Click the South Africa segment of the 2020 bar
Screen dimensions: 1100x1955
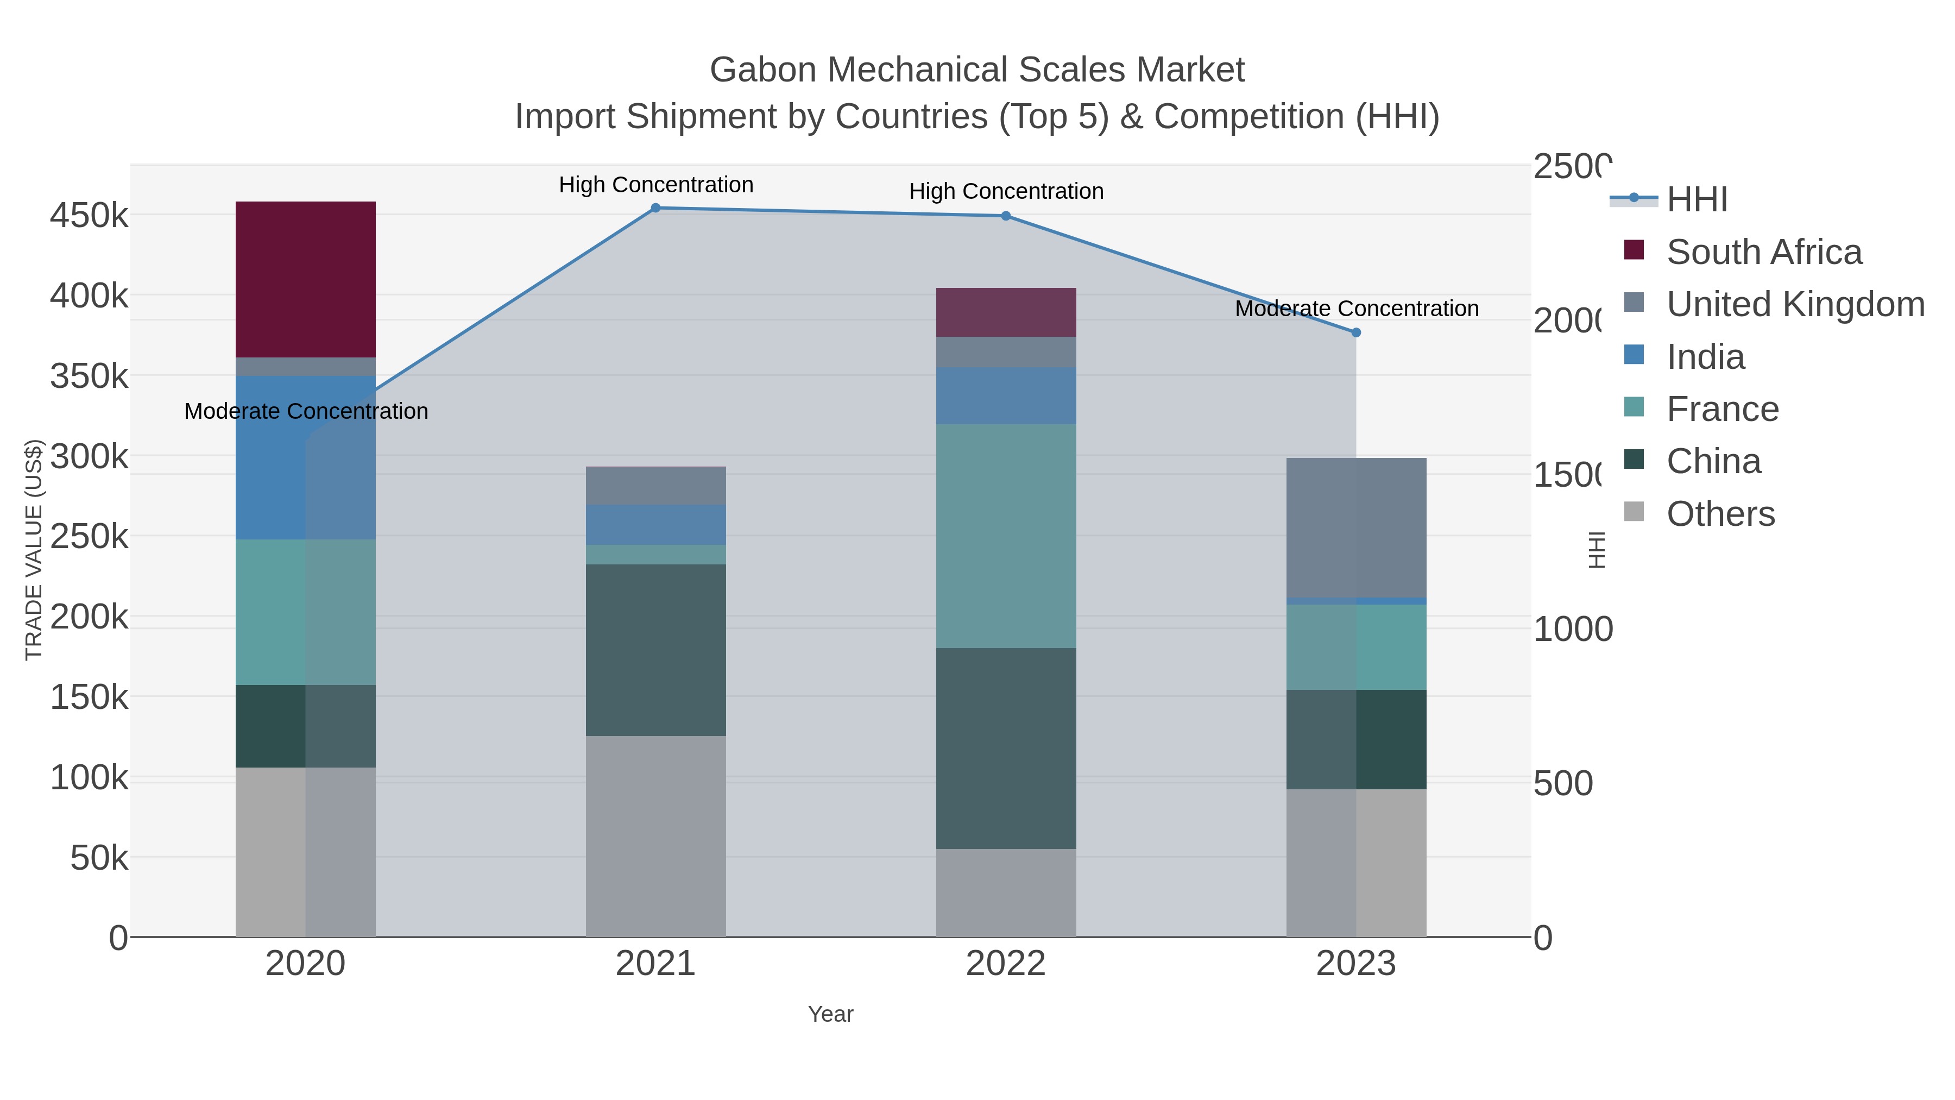[x=305, y=279]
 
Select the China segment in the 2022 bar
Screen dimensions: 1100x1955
[x=1006, y=748]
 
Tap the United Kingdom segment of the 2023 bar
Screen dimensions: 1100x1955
[x=1355, y=527]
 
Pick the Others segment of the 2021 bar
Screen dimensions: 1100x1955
[x=655, y=835]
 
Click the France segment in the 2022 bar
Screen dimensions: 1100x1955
[x=1006, y=535]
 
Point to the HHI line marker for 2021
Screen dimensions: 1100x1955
[x=655, y=208]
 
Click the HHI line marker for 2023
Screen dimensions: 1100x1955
[x=1355, y=332]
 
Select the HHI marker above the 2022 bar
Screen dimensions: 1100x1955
[x=1006, y=216]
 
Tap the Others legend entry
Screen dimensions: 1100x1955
[x=1720, y=514]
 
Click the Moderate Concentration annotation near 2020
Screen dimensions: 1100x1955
[x=306, y=411]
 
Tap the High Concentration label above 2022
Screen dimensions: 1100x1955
[x=1006, y=191]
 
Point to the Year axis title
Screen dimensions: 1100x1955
[x=830, y=1014]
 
